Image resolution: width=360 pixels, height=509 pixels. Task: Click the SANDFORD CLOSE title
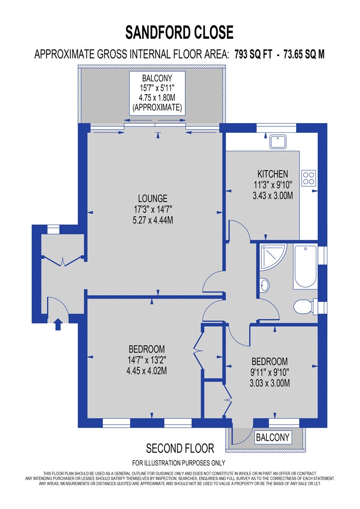(x=180, y=32)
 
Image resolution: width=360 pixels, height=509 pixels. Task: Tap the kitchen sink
(x=278, y=142)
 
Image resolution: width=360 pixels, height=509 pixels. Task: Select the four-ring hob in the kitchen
(x=309, y=178)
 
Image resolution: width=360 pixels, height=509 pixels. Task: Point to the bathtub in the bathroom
(x=305, y=267)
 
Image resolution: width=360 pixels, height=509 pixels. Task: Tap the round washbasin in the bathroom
(x=265, y=286)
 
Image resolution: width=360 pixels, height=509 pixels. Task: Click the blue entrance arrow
(x=58, y=324)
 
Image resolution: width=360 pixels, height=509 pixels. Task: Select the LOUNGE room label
(x=153, y=198)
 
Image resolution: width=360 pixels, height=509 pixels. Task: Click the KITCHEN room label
(x=273, y=174)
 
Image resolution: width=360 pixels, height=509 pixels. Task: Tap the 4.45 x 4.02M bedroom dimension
(x=147, y=371)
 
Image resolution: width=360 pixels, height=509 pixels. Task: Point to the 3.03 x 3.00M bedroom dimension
(x=270, y=383)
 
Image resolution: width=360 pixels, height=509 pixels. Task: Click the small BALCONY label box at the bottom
(x=273, y=437)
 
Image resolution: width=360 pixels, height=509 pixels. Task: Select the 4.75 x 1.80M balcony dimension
(x=157, y=97)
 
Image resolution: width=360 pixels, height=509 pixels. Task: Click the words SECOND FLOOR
(x=180, y=448)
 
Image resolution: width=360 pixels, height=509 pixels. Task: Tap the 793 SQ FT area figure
(x=253, y=54)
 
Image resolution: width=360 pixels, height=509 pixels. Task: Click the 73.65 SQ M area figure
(x=304, y=54)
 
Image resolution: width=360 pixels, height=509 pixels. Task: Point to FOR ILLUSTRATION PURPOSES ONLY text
(x=179, y=463)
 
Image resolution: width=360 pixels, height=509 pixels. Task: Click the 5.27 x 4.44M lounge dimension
(x=153, y=221)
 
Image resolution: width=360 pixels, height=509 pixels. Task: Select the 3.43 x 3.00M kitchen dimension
(x=273, y=196)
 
